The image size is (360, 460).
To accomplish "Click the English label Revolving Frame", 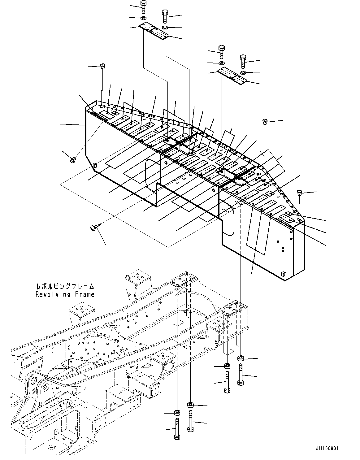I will (x=65, y=294).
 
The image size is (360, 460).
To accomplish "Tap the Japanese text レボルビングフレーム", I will (x=65, y=287).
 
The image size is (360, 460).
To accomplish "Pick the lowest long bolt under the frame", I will (x=177, y=428).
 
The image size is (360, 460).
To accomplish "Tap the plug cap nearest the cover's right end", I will (x=300, y=193).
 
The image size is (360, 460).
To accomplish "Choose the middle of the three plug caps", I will (x=265, y=121).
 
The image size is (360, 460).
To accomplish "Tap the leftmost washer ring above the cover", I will (x=144, y=18).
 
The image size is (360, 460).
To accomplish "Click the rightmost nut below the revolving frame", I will (x=240, y=358).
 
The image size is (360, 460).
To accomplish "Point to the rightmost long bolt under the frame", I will (x=240, y=375).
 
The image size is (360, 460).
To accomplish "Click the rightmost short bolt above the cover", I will (x=243, y=61).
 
